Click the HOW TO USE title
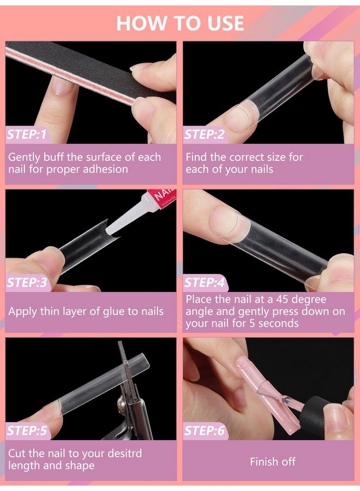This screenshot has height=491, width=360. click(180, 23)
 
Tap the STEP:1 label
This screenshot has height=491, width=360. click(27, 134)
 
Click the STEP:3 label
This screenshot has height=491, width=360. click(27, 283)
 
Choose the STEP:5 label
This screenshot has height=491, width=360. click(27, 431)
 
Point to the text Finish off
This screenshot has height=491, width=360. click(272, 462)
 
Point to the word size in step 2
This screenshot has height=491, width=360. click(276, 157)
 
